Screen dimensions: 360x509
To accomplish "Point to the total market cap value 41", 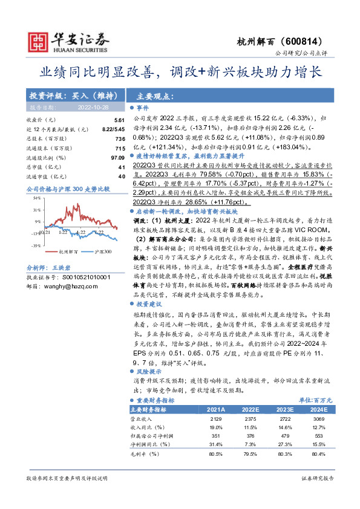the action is coord(122,167).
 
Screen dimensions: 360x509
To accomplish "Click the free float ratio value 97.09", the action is coord(117,158).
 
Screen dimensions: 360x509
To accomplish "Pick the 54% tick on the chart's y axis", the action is coord(37,198).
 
